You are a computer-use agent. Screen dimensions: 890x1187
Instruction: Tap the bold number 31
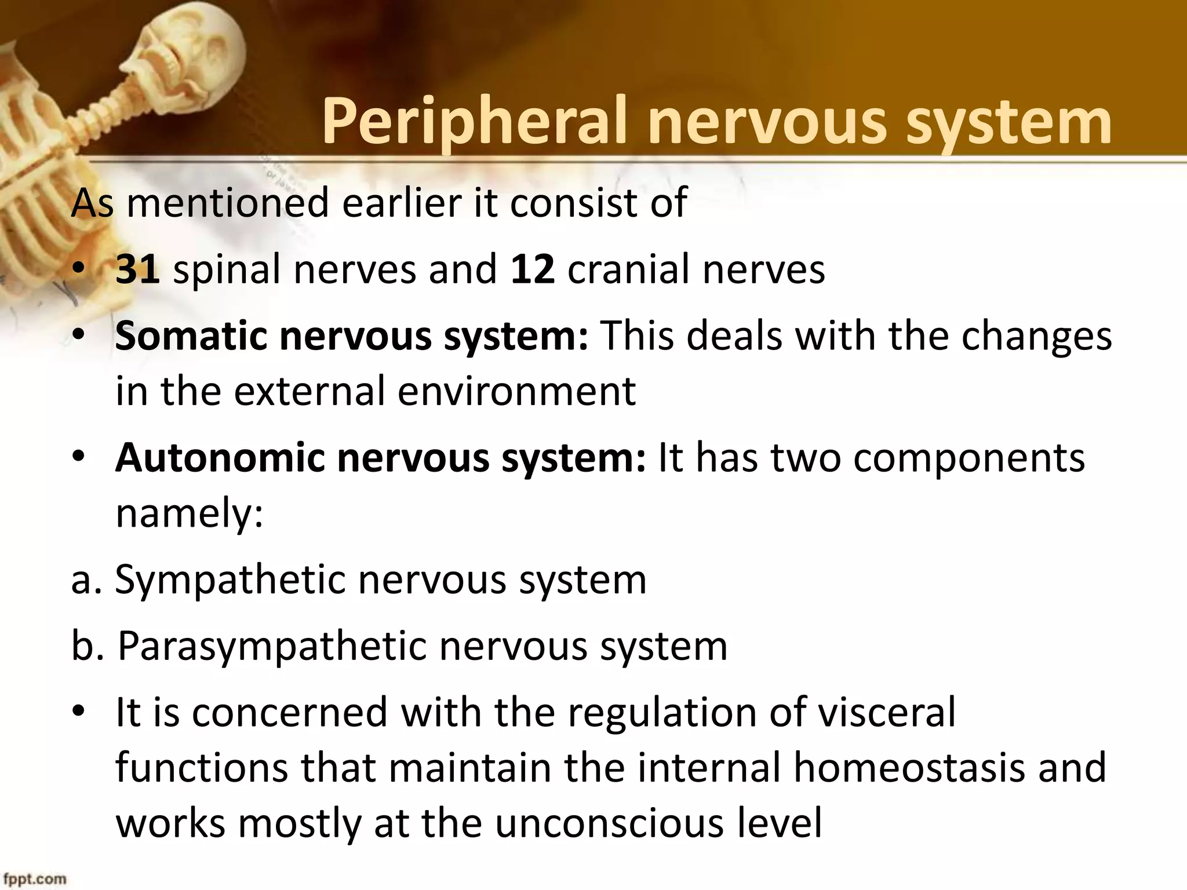[x=138, y=269]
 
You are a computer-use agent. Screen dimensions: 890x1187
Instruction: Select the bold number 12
[x=533, y=269]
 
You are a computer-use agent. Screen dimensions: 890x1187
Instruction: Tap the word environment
[x=516, y=392]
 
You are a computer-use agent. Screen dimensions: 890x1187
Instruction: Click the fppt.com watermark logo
[x=34, y=879]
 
